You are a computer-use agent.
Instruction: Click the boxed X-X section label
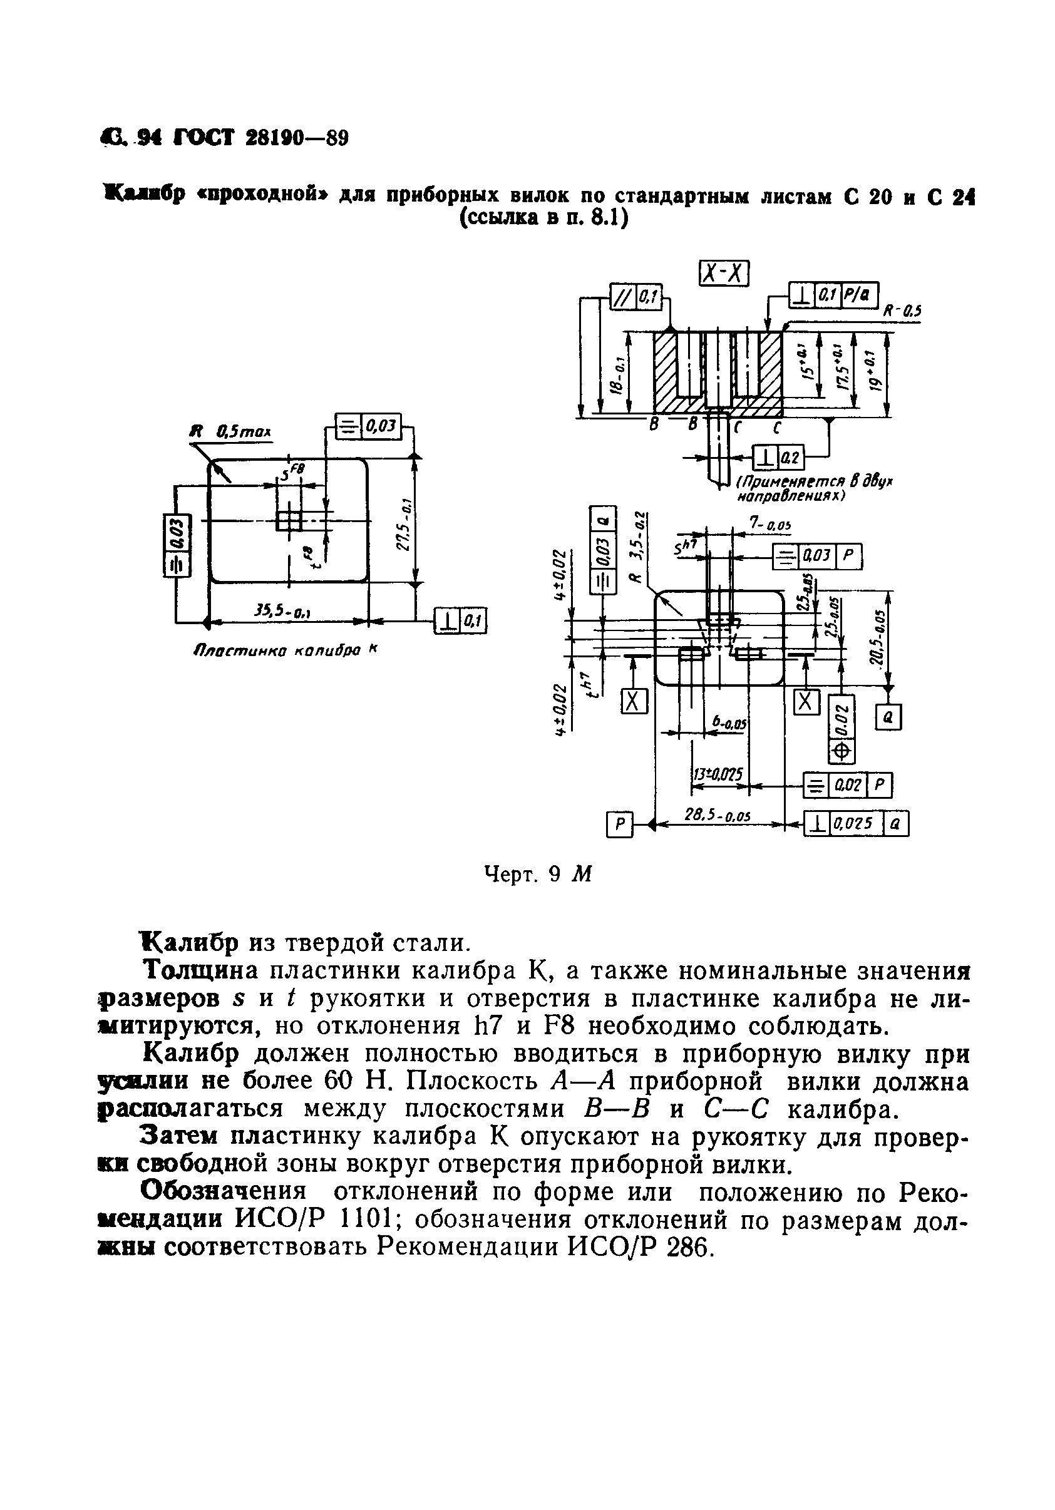(724, 273)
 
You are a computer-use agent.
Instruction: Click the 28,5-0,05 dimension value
(718, 816)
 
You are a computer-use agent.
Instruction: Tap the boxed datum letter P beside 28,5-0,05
(618, 824)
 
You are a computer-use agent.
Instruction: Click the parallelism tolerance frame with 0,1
(636, 298)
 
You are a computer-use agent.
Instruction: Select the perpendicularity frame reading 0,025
(856, 823)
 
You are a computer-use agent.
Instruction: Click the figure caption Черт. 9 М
(538, 874)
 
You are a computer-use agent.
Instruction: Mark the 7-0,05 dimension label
(770, 524)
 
